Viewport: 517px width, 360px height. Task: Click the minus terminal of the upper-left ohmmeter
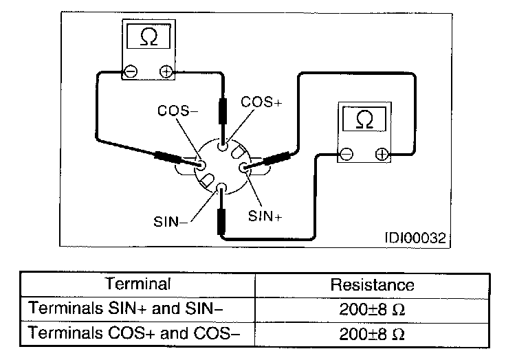[131, 70]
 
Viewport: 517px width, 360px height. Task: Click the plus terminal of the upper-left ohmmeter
[165, 70]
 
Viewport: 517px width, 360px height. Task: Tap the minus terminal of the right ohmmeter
[347, 154]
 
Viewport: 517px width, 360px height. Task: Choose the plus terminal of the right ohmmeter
[381, 154]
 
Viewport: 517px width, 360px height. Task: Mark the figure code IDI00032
[415, 238]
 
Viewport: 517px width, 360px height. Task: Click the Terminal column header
[137, 283]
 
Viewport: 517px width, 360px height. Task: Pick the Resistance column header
[373, 284]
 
